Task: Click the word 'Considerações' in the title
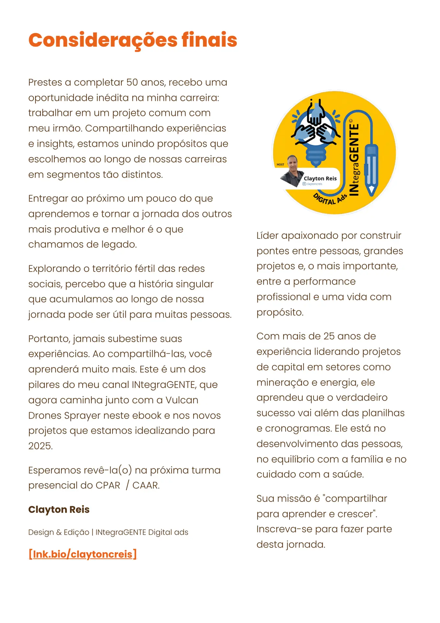point(103,40)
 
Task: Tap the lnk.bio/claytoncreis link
point(83,554)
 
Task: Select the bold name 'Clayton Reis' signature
point(59,509)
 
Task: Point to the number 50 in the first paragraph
point(132,82)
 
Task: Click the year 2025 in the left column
point(40,446)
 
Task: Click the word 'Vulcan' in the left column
point(182,400)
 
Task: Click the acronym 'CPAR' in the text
point(108,485)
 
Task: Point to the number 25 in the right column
point(329,336)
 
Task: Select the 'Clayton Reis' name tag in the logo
point(320,178)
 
